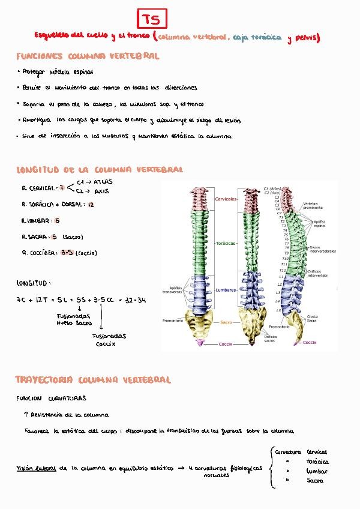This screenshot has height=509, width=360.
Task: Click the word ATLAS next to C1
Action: [103, 181]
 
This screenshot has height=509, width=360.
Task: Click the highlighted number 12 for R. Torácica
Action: [91, 205]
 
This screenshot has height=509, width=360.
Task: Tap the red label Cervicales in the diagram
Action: [225, 199]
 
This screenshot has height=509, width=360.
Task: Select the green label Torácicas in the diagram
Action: [226, 243]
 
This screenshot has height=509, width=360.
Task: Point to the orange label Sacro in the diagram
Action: [226, 322]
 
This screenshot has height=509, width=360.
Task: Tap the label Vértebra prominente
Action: [314, 206]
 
